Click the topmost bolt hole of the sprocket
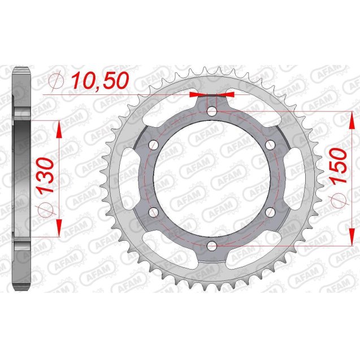[211, 111]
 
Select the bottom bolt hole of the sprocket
[211, 246]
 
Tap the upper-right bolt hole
[270, 145]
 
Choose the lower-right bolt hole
[270, 212]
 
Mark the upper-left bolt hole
[153, 145]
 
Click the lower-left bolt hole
[153, 212]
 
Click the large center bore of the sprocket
[211, 179]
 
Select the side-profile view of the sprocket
[21, 179]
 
